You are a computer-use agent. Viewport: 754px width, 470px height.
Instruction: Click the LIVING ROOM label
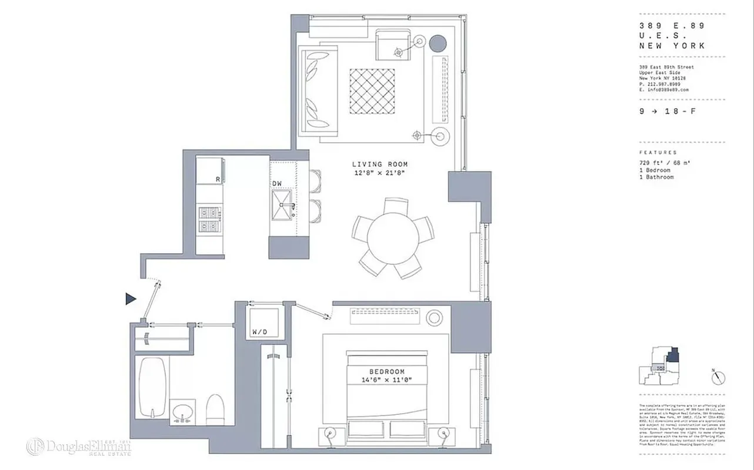(x=379, y=164)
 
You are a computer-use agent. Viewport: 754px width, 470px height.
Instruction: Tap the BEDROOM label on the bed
(x=386, y=372)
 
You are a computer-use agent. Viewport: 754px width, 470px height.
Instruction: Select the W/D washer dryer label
(x=259, y=332)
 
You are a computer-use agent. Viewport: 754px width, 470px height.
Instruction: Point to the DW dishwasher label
(x=276, y=184)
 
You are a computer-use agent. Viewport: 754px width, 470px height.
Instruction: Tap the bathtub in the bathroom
(x=152, y=387)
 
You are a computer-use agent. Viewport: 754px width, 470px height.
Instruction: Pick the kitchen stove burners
(x=208, y=219)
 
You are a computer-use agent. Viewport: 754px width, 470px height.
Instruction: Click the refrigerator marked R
(x=209, y=170)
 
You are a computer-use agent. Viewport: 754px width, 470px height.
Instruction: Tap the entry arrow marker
(x=131, y=299)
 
